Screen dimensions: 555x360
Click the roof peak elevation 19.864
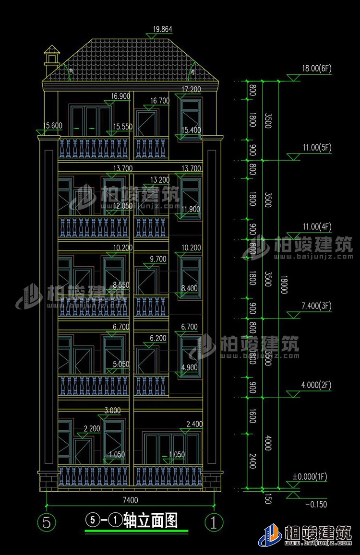[x=162, y=29]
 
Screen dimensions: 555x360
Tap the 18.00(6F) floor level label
[x=317, y=69]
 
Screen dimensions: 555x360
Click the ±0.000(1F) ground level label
[x=310, y=477]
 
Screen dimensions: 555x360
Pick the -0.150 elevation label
[x=316, y=504]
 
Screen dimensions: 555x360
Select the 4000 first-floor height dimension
[x=268, y=442]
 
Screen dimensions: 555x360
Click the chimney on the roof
[x=51, y=56]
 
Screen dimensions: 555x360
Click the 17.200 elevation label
[x=192, y=89]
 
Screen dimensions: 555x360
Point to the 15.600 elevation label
[x=52, y=126]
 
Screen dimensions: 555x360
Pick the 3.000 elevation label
[x=112, y=411]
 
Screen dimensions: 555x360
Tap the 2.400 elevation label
[x=193, y=425]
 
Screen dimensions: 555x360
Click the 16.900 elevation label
[x=120, y=96]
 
